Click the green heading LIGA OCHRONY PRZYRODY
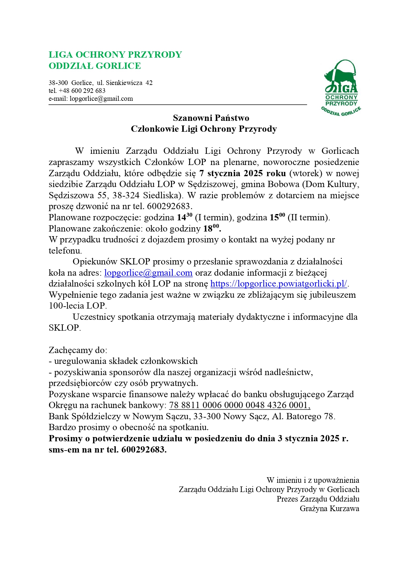pos(115,55)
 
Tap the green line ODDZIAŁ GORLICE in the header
pos(95,66)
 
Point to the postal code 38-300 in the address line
pos(58,83)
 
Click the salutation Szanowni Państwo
pos(211,118)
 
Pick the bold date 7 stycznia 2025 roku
pos(242,173)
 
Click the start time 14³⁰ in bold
pos(185,217)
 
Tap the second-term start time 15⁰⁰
pos(277,217)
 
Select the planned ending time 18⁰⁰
pos(211,228)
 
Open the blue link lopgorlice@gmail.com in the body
pos(148,273)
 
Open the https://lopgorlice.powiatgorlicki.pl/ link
pos(279,284)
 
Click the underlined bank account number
pos(240,405)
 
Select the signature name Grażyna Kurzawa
pos(329,509)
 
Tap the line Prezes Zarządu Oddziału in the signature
pos(318,499)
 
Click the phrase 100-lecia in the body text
pos(66,306)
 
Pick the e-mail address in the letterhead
pos(101,98)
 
